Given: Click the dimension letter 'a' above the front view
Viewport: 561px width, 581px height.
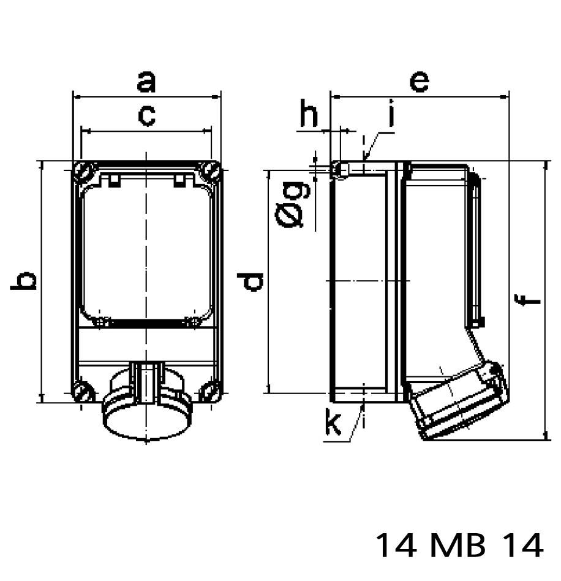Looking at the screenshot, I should [x=146, y=82].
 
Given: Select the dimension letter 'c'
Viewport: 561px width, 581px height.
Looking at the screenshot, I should [x=146, y=115].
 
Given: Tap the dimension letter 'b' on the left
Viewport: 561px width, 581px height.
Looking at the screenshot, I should [x=25, y=281].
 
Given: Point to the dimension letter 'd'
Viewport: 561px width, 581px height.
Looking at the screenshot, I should [x=252, y=281].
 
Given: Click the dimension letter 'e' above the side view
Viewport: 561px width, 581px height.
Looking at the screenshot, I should [x=419, y=82].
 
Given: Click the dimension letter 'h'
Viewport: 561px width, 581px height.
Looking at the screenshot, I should [x=310, y=116].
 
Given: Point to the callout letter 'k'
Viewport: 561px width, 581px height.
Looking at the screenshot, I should [x=333, y=423].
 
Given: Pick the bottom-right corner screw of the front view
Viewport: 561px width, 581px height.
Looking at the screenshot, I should [x=210, y=392].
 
